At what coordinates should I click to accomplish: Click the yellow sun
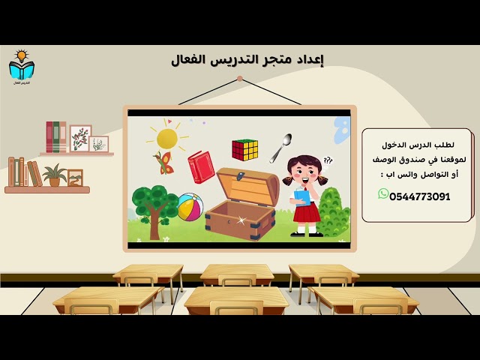[x=167, y=138]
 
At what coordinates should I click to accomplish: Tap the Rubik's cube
[x=244, y=149]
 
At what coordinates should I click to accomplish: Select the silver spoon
[x=280, y=148]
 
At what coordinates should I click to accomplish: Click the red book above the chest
[x=201, y=166]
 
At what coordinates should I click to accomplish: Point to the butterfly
[x=163, y=163]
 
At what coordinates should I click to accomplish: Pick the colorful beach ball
[x=190, y=207]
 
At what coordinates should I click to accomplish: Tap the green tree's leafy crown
[x=154, y=199]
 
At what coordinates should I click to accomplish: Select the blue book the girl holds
[x=301, y=197]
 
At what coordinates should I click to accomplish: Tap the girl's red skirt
[x=307, y=213]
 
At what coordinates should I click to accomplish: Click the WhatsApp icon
[x=383, y=194]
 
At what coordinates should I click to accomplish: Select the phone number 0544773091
[x=420, y=196]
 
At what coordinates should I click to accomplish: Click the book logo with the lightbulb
[x=22, y=67]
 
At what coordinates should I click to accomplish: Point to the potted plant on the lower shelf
[x=54, y=175]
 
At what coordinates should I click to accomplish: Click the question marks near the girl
[x=328, y=160]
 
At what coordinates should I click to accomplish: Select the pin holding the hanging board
[x=239, y=79]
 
